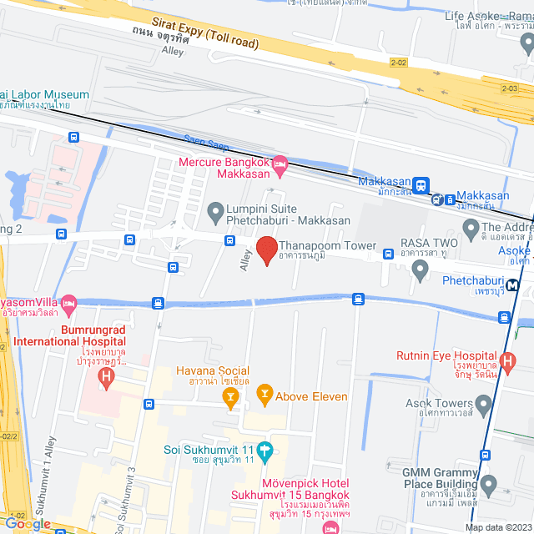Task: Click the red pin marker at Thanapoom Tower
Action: [266, 250]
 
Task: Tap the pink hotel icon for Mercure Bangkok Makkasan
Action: [280, 162]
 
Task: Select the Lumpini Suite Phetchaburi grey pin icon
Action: [215, 209]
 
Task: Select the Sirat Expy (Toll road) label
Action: [204, 33]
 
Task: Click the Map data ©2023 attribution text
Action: [497, 527]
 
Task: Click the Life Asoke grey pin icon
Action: [526, 42]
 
